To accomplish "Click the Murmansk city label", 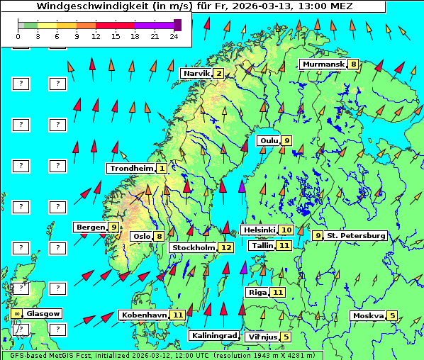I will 323,64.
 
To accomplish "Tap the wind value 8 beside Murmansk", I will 353,64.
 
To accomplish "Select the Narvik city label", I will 196,74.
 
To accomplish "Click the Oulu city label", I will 268,140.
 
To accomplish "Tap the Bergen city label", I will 91,227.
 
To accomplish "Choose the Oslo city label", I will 141,237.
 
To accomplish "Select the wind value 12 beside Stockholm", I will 225,247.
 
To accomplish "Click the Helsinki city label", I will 258,230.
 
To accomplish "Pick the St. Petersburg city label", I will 355,235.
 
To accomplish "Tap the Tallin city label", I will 262,245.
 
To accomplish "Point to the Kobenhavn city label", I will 144,315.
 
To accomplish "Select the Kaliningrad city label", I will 213,335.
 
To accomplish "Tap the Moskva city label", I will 368,315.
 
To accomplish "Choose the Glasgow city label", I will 43,313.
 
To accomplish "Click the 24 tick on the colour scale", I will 174,35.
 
